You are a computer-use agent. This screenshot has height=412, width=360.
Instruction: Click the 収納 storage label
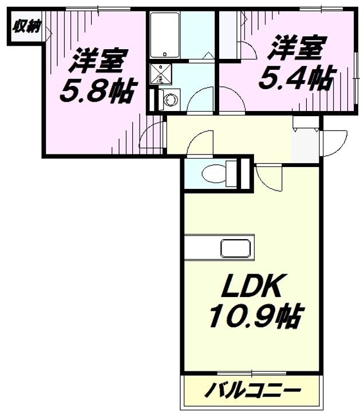pyautogui.click(x=26, y=27)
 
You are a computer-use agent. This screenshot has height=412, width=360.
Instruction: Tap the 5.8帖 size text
pyautogui.click(x=98, y=90)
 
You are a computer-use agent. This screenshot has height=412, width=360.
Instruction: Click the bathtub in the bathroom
pyautogui.click(x=165, y=35)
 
